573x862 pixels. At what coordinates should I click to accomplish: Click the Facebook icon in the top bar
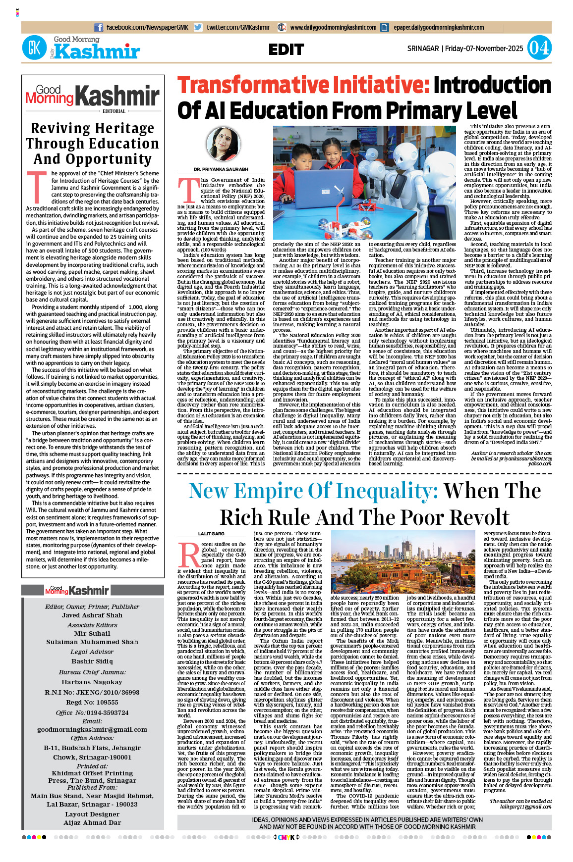tap(99, 28)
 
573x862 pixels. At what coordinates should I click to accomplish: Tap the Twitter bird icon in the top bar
tap(198, 28)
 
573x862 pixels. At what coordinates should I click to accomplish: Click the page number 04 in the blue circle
tap(539, 49)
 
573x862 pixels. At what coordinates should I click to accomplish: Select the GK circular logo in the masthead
tap(34, 49)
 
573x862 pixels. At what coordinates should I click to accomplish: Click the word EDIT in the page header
tap(286, 50)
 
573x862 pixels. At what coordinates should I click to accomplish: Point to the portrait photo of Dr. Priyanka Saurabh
tap(223, 144)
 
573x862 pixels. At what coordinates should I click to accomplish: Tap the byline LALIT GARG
tap(211, 534)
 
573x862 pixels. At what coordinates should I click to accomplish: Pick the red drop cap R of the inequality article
tap(189, 555)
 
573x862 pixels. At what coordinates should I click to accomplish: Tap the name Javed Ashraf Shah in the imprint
tap(92, 615)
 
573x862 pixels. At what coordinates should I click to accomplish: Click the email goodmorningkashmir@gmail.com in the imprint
tap(92, 729)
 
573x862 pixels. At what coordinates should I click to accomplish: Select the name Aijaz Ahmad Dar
tap(92, 823)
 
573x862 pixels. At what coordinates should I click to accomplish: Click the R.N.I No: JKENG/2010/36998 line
tap(92, 692)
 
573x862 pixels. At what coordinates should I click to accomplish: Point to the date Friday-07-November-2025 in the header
tap(484, 49)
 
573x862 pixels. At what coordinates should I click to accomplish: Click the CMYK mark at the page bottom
tap(286, 837)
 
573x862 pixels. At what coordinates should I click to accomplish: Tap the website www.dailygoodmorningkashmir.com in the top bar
tap(333, 28)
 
